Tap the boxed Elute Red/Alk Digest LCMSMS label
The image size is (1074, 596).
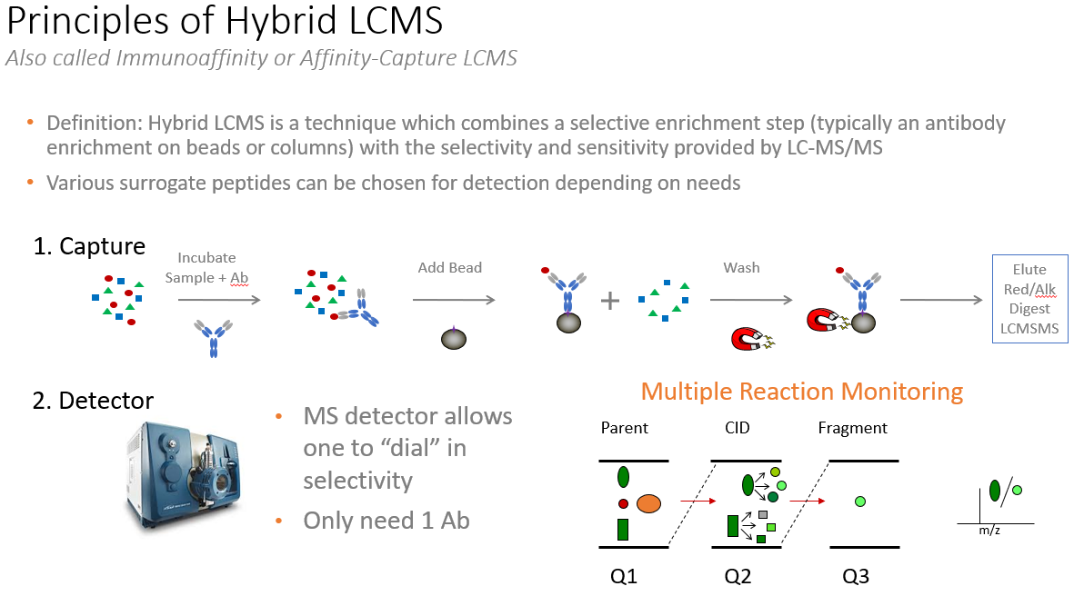pos(1029,299)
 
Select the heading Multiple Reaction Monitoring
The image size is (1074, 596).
pos(801,392)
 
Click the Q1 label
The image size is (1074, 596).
pos(625,576)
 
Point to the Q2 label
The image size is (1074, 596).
pos(739,576)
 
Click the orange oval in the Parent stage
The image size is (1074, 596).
pos(648,502)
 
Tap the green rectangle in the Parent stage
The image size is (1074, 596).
pos(623,528)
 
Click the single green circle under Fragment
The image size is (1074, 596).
pos(860,501)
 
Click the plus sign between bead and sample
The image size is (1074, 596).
pos(609,301)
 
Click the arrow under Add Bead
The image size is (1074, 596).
pos(453,301)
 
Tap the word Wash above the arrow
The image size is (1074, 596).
pos(741,268)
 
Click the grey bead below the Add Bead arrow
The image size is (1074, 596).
pos(453,338)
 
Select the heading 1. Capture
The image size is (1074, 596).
pos(89,246)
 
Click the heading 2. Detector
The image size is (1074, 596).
pos(94,401)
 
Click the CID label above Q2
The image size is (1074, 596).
pos(738,428)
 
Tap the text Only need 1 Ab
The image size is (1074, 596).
pos(386,521)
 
